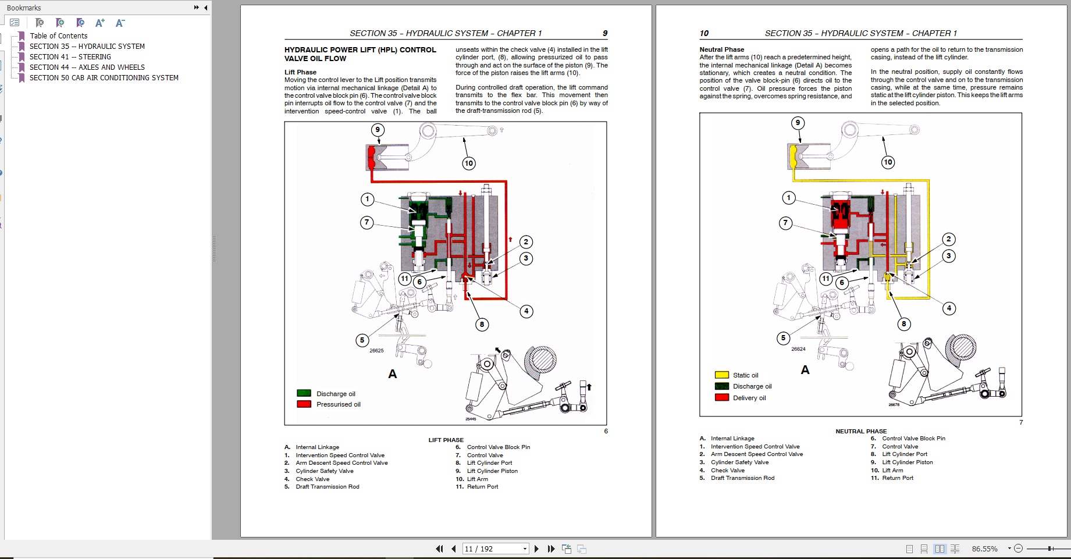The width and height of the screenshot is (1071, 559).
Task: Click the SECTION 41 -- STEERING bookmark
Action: (70, 57)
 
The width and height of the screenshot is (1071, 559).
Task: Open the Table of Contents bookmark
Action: (58, 36)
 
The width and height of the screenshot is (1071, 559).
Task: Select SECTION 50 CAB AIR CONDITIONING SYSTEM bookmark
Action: (104, 78)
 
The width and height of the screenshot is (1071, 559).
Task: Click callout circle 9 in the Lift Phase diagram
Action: (378, 130)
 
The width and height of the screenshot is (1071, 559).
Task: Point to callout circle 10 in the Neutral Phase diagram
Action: (888, 162)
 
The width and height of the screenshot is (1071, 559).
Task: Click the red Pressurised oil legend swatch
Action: (304, 404)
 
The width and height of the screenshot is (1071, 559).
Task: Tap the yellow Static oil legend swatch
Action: (721, 375)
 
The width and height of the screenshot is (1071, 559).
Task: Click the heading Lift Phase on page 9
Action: (300, 72)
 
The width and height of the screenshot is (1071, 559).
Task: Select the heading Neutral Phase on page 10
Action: (721, 49)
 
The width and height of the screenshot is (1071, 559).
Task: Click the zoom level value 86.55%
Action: (984, 549)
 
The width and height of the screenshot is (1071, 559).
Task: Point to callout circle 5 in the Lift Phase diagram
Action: (362, 340)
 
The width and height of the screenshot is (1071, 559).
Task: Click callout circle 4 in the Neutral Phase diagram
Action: (949, 308)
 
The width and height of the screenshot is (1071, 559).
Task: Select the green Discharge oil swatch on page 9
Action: (304, 393)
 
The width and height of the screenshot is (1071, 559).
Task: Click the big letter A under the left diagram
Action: (393, 374)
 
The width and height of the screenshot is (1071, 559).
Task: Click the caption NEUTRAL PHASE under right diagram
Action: (861, 431)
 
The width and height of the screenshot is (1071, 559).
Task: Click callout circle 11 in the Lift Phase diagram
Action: (405, 279)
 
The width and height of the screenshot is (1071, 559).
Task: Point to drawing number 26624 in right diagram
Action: (798, 349)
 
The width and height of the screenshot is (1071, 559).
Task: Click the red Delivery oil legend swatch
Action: (721, 398)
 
